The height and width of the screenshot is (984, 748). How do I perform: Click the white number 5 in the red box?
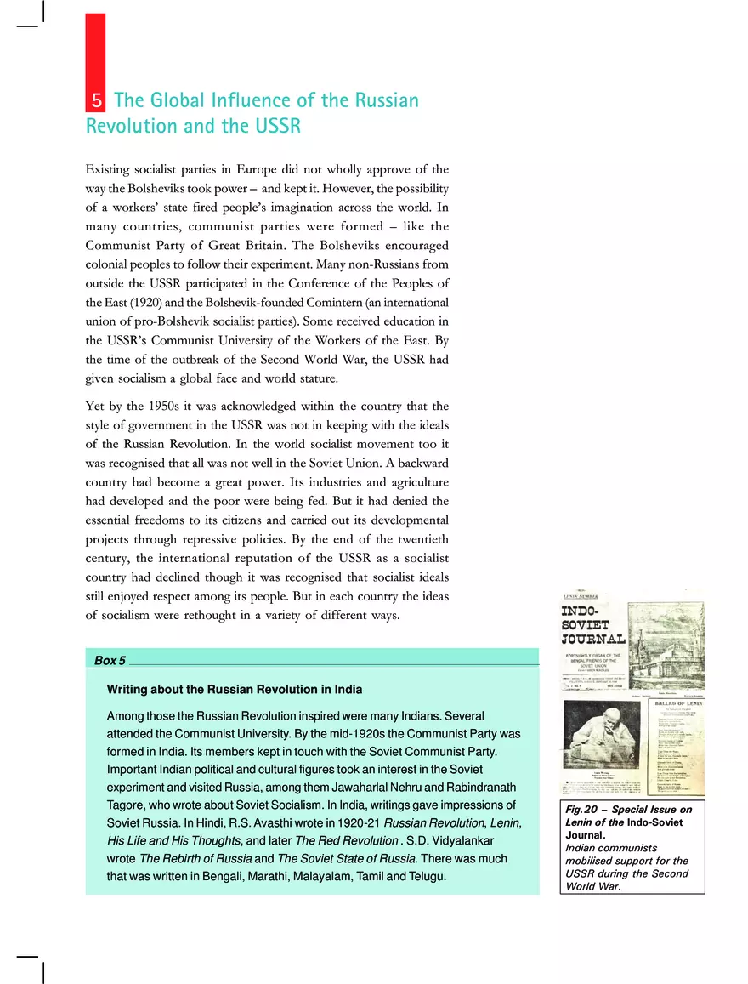click(96, 101)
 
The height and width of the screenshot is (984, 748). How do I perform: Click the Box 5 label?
click(110, 660)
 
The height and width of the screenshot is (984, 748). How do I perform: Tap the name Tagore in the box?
click(125, 805)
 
